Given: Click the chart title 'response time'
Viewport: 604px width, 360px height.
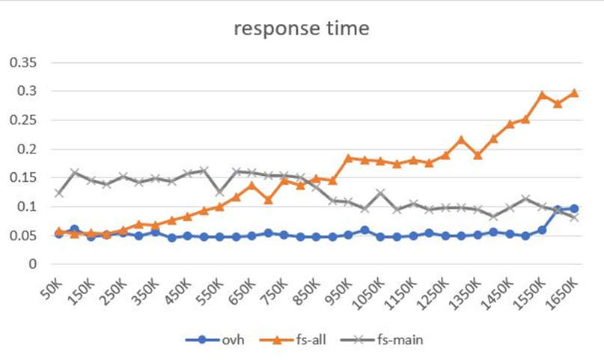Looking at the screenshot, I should (x=301, y=29).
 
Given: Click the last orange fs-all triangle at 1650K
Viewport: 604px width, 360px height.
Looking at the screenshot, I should (x=575, y=93).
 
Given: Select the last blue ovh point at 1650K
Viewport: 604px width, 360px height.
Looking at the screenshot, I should (x=575, y=209).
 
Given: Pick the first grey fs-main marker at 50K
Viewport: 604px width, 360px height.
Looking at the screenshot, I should (x=59, y=193).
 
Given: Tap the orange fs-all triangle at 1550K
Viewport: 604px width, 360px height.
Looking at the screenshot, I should (x=543, y=95).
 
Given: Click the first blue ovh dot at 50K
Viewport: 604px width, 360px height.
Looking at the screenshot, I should (x=59, y=234).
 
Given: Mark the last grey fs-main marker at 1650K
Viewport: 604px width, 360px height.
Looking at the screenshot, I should (x=575, y=217).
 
